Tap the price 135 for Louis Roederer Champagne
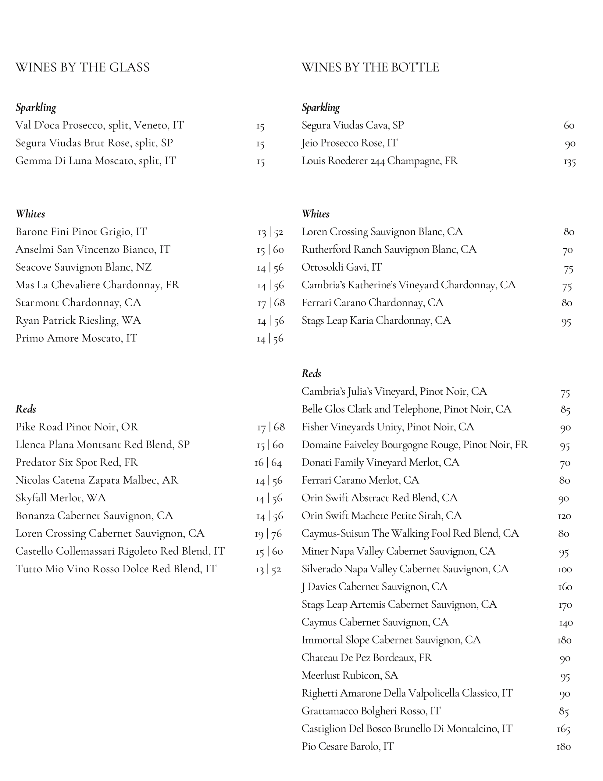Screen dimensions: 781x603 pyautogui.click(x=569, y=162)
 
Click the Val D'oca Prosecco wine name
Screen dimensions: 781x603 pyautogui.click(x=99, y=125)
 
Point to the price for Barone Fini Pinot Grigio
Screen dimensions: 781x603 pyautogui.click(x=270, y=232)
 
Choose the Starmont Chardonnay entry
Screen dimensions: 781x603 pyautogui.click(x=78, y=303)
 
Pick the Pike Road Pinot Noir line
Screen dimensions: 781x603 pyautogui.click(x=77, y=427)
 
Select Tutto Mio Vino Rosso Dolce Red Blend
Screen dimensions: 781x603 pyautogui.click(x=116, y=569)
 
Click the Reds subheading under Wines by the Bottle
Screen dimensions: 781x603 pyautogui.click(x=311, y=374)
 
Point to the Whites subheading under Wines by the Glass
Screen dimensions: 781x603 pyautogui.click(x=30, y=214)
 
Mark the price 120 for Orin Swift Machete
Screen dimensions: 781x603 pyautogui.click(x=564, y=516)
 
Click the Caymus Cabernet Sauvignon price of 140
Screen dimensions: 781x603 pyautogui.click(x=566, y=623)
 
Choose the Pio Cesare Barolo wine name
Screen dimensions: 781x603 pyautogui.click(x=348, y=747)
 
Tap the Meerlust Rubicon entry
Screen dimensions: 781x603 pyautogui.click(x=350, y=675)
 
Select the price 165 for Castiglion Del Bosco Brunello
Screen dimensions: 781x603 pyautogui.click(x=563, y=729)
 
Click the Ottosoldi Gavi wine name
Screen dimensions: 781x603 pyautogui.click(x=341, y=267)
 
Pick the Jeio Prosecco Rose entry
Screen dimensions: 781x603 pyautogui.click(x=349, y=143)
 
